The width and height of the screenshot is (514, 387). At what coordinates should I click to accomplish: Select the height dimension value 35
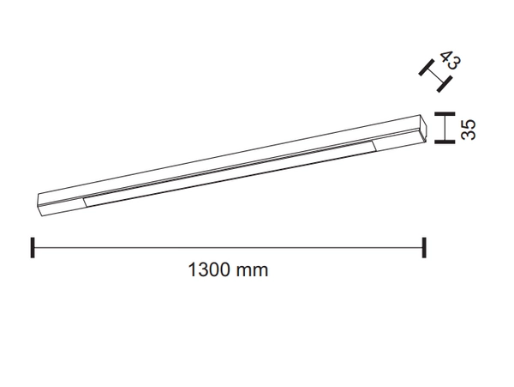click(x=468, y=130)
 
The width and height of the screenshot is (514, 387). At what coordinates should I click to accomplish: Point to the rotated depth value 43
click(x=451, y=62)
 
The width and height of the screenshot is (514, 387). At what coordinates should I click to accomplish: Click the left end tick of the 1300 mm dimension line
click(x=33, y=247)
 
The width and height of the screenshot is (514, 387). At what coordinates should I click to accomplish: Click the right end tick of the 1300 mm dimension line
click(x=424, y=247)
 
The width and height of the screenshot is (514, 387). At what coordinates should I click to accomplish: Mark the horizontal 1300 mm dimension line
click(x=229, y=247)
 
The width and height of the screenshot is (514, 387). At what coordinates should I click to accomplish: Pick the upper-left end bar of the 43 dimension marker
click(x=425, y=66)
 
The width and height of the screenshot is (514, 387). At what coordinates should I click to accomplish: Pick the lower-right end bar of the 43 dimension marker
click(x=444, y=83)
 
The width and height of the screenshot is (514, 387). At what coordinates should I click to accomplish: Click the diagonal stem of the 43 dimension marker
click(x=434, y=75)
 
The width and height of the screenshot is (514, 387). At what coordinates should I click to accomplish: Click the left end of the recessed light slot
click(x=87, y=200)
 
